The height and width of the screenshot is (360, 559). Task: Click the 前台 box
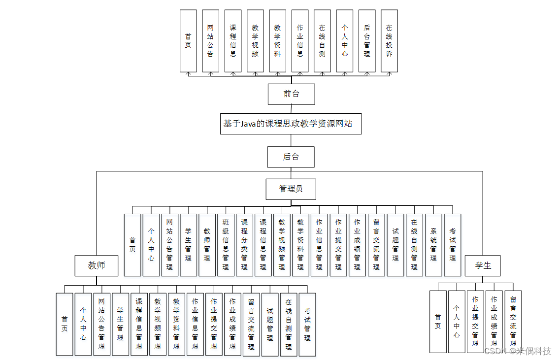click(291, 94)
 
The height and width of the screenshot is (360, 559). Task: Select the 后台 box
click(291, 157)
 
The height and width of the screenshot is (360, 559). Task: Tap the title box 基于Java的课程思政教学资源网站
click(291, 124)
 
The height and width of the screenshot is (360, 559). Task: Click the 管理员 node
click(291, 189)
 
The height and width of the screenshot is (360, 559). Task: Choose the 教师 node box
click(97, 266)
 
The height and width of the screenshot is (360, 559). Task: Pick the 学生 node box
click(483, 266)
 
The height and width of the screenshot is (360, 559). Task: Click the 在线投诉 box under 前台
click(389, 41)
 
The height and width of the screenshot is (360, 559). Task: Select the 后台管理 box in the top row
click(367, 41)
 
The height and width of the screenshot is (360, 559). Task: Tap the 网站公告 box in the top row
click(210, 41)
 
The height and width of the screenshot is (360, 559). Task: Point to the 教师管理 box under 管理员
click(207, 245)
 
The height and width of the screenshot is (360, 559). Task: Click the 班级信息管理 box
click(226, 245)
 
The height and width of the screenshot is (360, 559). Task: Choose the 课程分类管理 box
click(244, 245)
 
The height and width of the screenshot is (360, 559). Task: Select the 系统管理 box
click(433, 245)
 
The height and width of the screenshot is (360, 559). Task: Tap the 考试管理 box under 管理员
click(452, 245)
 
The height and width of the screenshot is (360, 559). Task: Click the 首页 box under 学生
click(438, 322)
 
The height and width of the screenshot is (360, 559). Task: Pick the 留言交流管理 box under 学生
click(513, 322)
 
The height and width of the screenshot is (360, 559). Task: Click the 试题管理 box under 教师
click(270, 324)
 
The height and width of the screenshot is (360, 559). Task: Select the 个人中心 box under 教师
click(83, 324)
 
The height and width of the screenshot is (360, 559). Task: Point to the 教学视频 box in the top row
click(255, 41)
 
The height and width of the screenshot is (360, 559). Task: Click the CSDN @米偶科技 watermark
click(517, 351)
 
